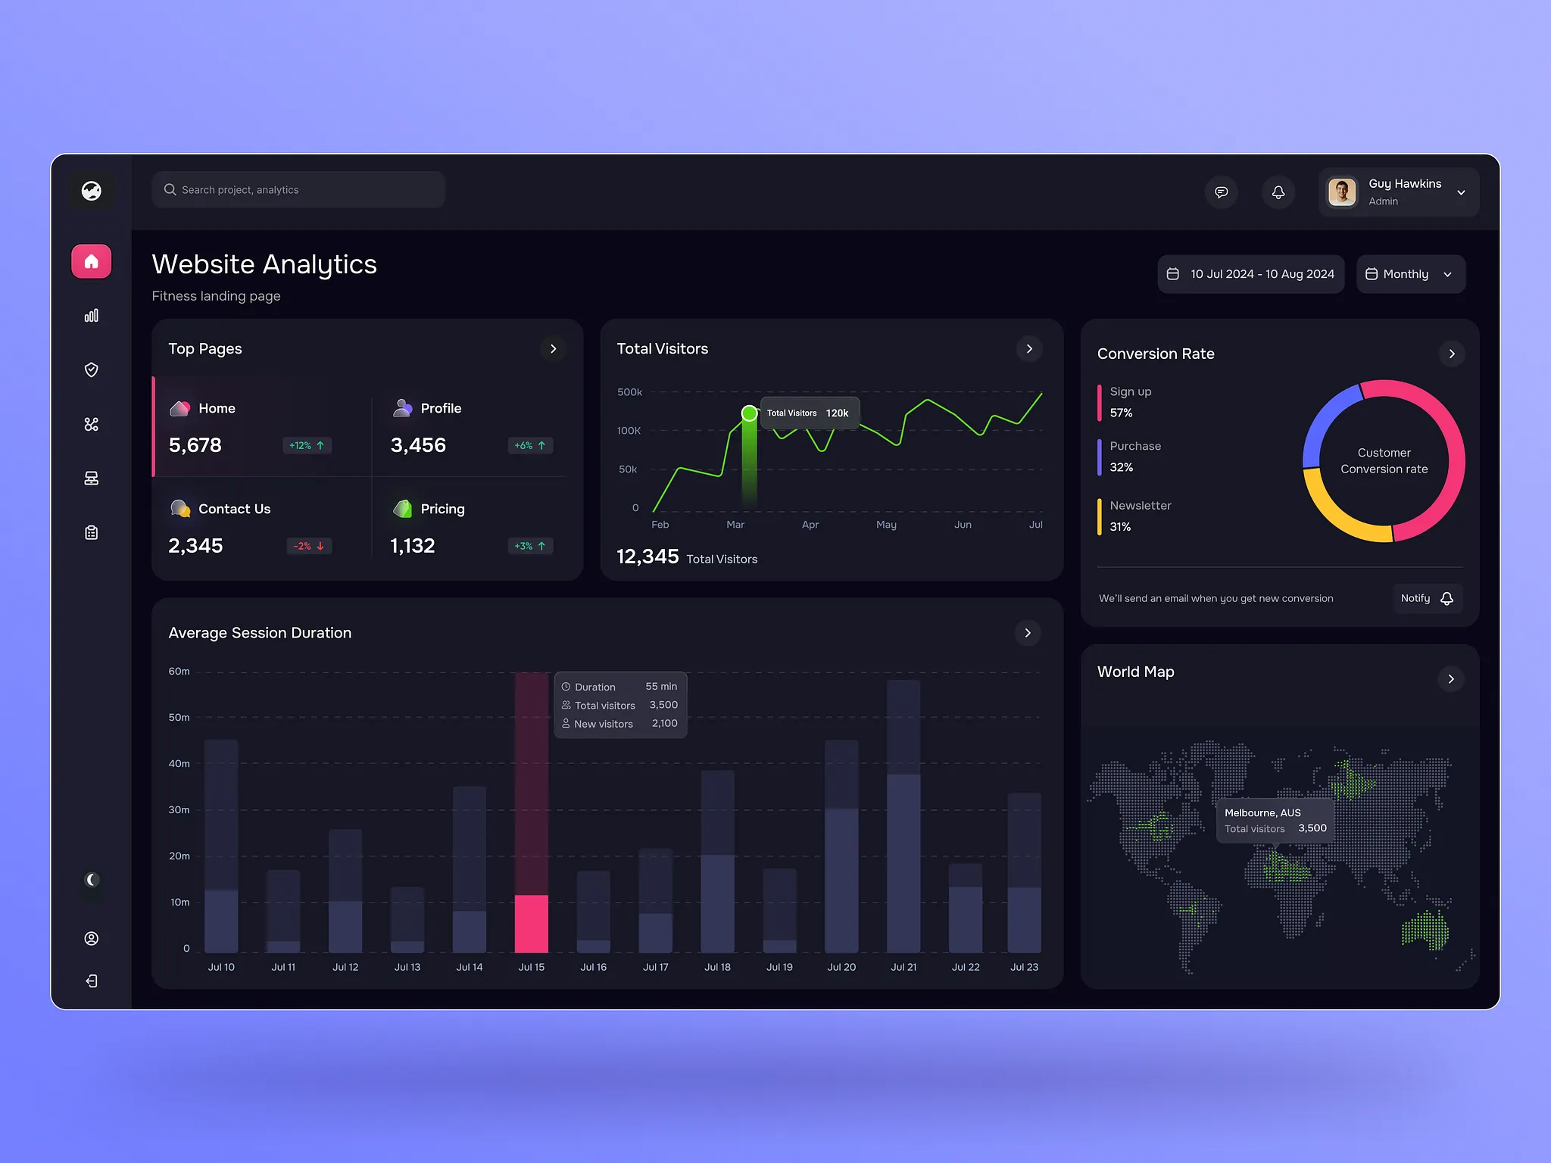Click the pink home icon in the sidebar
pos(92,261)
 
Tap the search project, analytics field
pos(298,190)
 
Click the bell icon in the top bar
pos(1278,192)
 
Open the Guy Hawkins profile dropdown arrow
pos(1461,192)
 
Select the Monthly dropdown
pos(1410,274)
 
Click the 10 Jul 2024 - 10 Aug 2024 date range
pos(1251,274)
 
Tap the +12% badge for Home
pos(307,446)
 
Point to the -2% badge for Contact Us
pos(309,546)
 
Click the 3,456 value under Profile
pos(418,445)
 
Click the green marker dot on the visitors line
pos(749,413)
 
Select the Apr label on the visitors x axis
pos(810,525)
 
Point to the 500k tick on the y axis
pos(629,392)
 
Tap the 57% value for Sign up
pos(1121,413)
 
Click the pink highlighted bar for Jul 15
pos(532,923)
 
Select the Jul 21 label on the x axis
pos(903,967)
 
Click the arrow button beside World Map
pos(1451,679)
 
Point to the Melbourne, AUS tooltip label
pos(1262,812)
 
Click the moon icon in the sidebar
pos(92,880)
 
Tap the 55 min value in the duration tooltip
pos(661,687)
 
